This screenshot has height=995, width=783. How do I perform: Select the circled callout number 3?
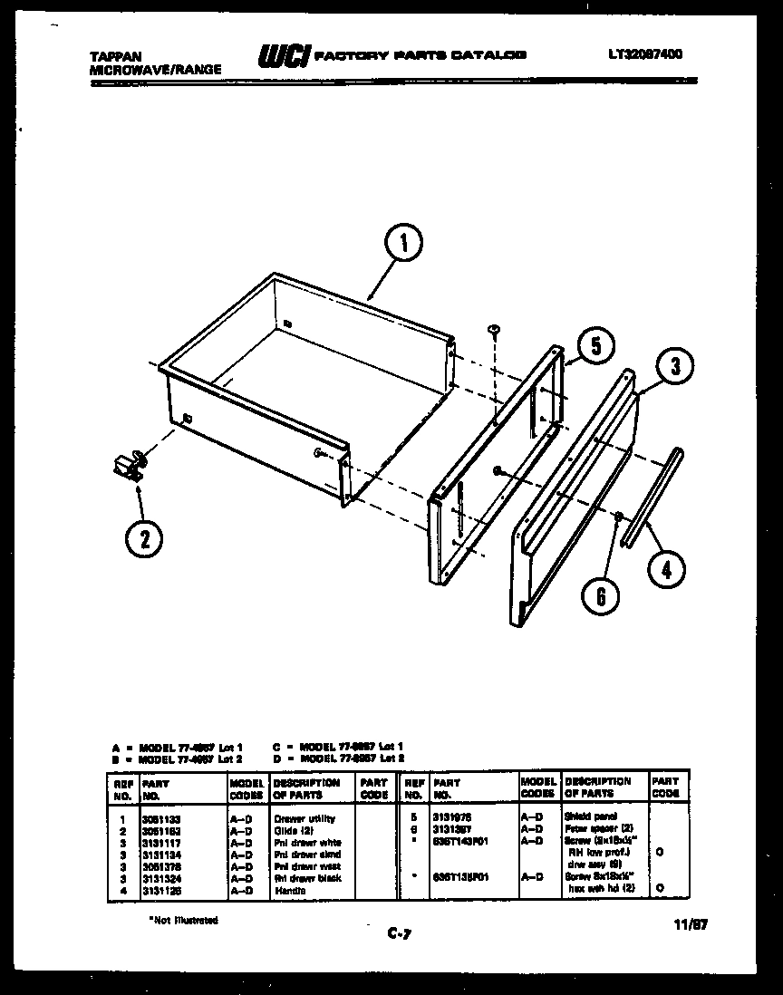point(676,367)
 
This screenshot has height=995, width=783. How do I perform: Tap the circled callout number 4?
point(667,569)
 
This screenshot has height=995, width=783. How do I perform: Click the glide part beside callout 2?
point(128,465)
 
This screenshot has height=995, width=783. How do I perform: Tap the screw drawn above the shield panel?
point(494,330)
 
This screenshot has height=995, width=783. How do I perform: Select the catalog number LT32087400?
point(645,54)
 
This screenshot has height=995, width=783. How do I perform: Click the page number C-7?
point(400,932)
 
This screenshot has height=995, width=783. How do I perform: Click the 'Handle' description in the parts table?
point(290,890)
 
